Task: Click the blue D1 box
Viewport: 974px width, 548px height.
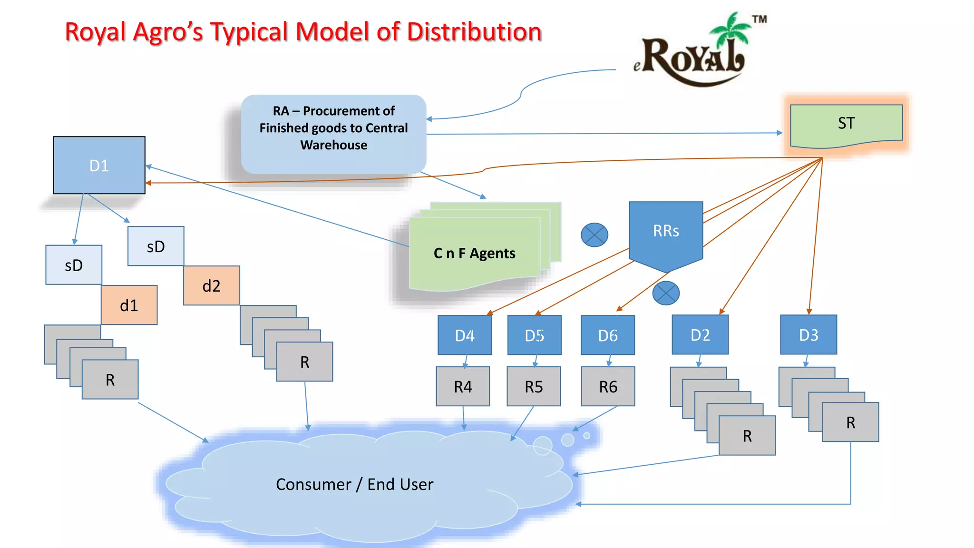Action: coord(99,165)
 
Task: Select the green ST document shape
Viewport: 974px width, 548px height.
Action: coord(846,124)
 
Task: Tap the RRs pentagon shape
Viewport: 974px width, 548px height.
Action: coord(666,233)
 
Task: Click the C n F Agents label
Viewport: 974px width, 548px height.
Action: coord(474,253)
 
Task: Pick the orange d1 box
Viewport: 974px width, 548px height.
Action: coord(129,305)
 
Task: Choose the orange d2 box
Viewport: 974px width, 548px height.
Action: coord(211,285)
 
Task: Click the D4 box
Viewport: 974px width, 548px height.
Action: coord(465,335)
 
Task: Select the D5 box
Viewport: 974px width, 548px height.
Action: coord(534,335)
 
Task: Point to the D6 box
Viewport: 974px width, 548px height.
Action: coord(607,335)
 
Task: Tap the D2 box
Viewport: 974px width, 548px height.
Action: coord(700,335)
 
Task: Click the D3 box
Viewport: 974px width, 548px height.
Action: coord(808,335)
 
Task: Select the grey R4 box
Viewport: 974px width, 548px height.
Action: coord(463,386)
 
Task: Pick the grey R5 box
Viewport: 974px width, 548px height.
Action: coord(534,386)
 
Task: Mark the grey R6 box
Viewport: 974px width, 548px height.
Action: coord(608,386)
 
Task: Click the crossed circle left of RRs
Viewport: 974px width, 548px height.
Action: coord(594,235)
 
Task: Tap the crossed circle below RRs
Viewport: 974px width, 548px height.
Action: coord(666,293)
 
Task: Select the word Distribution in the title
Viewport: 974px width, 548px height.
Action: coord(474,32)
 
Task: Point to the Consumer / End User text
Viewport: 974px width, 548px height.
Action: coord(354,484)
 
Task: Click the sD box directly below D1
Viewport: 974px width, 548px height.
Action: coord(74,265)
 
